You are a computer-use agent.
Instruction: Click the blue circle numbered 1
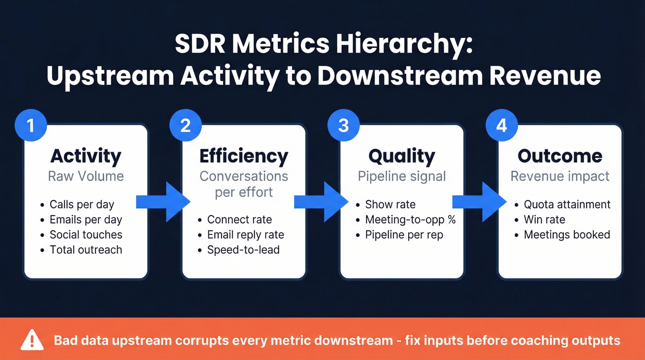pos(30,125)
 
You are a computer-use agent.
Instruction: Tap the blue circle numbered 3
pos(343,125)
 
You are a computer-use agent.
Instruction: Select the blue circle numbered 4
pos(501,125)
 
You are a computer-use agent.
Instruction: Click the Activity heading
pos(86,156)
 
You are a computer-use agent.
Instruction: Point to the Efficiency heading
pos(244,156)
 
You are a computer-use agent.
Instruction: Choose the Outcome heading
pos(560,156)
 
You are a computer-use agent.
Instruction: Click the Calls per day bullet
pos(82,205)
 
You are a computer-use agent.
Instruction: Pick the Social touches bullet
pos(86,235)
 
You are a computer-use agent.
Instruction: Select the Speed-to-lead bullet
pos(243,250)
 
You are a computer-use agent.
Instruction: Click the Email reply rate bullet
pos(246,235)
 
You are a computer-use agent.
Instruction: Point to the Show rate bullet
pos(390,205)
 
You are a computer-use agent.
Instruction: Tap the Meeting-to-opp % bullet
pos(410,220)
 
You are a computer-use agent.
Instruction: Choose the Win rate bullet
pos(544,220)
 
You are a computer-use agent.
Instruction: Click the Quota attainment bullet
pos(567,205)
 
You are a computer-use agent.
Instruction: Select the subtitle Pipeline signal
pos(402,176)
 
